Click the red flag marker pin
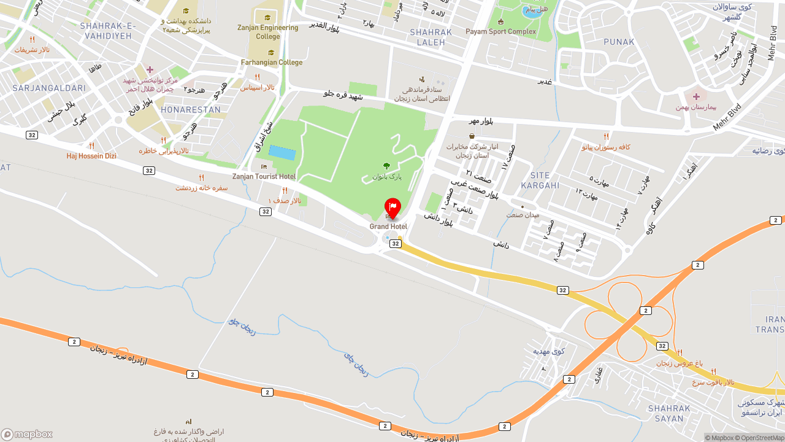pyautogui.click(x=392, y=208)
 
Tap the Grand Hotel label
pyautogui.click(x=388, y=227)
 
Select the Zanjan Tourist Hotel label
pyautogui.click(x=264, y=176)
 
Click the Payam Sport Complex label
pyautogui.click(x=500, y=31)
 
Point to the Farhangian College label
pyautogui.click(x=272, y=62)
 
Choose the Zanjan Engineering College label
pyautogui.click(x=268, y=32)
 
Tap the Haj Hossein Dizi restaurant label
pyautogui.click(x=91, y=156)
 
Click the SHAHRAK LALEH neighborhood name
pyautogui.click(x=431, y=37)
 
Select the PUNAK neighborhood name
pyautogui.click(x=619, y=42)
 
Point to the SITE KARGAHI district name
pyautogui.click(x=540, y=180)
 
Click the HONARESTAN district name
pyautogui.click(x=191, y=110)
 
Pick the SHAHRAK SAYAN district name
pyautogui.click(x=668, y=413)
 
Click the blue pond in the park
pyautogui.click(x=282, y=153)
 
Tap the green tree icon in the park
pyautogui.click(x=386, y=166)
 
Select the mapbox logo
pyautogui.click(x=27, y=434)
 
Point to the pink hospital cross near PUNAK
pyautogui.click(x=696, y=96)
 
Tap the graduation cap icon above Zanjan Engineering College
pyautogui.click(x=267, y=17)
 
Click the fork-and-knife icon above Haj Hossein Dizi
pyautogui.click(x=91, y=145)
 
